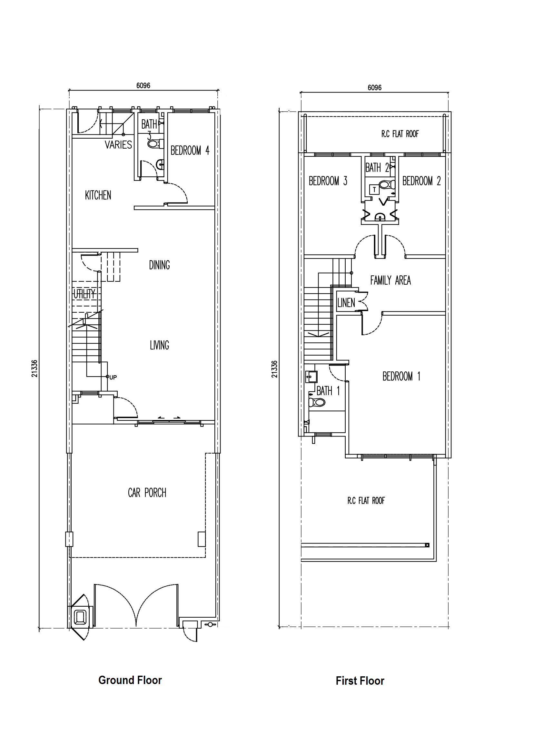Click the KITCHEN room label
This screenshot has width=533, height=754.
coord(98,195)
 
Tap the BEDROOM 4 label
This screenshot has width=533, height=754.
coord(190,151)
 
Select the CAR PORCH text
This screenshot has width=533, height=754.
coord(147,493)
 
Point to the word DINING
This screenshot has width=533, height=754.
coord(159,265)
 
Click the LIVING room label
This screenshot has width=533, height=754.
coord(160,345)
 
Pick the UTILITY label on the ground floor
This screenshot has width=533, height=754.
coord(84,294)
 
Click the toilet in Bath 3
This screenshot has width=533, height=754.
coord(155,144)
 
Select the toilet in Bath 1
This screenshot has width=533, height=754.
coord(317,402)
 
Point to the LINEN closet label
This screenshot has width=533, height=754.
coord(346,303)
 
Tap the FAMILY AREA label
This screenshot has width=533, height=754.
coord(390,280)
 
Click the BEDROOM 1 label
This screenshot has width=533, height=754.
coord(401,376)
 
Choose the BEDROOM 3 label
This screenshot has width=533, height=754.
coord(328,181)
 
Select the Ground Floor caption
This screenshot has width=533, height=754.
coord(130,680)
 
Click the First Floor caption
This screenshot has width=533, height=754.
coord(360,681)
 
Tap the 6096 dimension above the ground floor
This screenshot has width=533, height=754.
coord(143,86)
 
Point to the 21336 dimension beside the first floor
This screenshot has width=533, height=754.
coord(274,369)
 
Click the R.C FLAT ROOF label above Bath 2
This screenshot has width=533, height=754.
coord(400,134)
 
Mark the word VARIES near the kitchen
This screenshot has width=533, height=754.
coord(118,144)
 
